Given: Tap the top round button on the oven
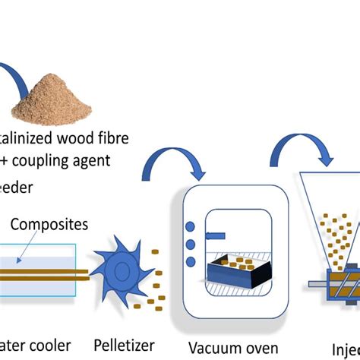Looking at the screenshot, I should [189, 226].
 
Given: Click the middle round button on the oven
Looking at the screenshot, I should [189, 244].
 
